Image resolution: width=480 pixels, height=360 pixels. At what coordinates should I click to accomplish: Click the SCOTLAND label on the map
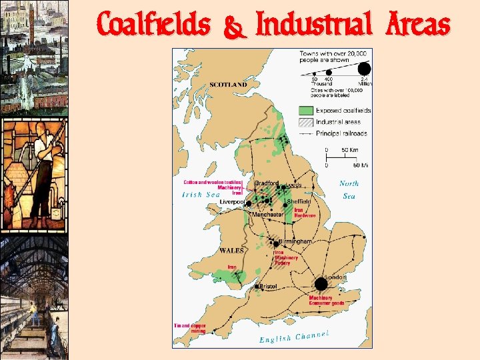228,85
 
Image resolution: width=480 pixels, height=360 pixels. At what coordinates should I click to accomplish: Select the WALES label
231,251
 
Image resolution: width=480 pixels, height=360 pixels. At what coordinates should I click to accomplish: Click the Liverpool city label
232,201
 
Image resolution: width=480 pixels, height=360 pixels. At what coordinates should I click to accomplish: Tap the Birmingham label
295,241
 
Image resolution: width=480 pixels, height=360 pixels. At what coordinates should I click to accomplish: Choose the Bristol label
268,286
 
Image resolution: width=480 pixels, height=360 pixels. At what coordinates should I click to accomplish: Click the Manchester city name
267,215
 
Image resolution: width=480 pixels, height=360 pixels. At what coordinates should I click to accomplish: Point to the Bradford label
267,183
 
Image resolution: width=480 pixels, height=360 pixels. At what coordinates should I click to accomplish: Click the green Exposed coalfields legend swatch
305,110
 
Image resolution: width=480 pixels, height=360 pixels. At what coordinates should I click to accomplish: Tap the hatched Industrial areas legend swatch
305,122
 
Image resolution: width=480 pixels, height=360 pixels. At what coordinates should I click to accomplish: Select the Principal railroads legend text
341,133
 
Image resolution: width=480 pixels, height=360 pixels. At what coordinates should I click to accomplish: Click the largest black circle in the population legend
364,68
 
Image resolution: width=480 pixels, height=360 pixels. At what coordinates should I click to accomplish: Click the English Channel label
294,337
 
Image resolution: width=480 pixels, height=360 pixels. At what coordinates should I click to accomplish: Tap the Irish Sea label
201,195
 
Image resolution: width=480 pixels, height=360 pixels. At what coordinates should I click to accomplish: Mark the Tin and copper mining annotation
190,328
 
